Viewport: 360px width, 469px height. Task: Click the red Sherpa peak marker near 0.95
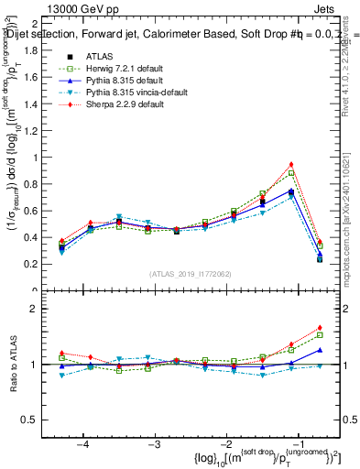(291, 164)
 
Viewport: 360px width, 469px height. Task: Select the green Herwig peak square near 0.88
(291, 173)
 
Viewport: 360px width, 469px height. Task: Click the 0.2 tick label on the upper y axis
(32, 264)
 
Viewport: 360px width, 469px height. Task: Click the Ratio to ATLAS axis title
(13, 365)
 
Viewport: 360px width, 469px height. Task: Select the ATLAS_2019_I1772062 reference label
(189, 274)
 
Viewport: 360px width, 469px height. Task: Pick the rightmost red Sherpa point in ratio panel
(320, 327)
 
